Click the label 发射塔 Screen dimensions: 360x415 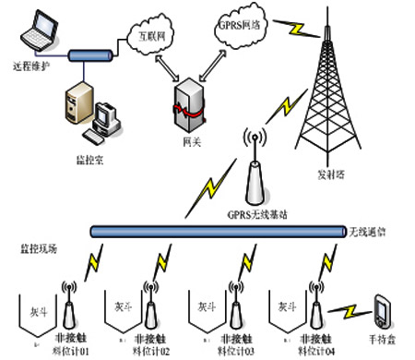(330, 175)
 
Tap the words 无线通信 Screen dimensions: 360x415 (372, 231)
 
